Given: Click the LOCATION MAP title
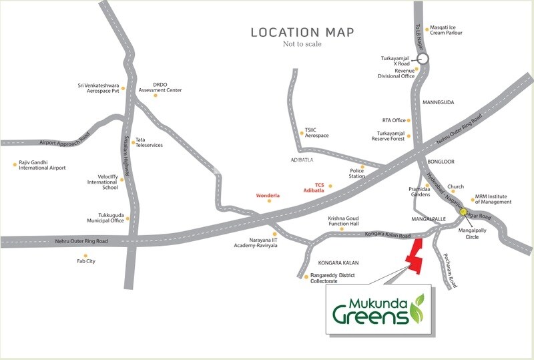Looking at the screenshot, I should tap(302, 32).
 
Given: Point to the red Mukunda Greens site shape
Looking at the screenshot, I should tap(415, 256).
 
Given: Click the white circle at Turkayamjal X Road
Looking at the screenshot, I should tap(423, 59).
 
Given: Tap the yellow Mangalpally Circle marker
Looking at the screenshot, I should tap(463, 212).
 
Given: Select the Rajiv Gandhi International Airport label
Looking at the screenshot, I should tap(42, 165).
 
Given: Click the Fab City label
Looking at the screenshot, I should tap(86, 261).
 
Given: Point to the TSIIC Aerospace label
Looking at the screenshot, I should tap(316, 133).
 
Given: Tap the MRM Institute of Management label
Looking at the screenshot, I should tap(493, 199).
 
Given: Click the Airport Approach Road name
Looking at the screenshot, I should tap(65, 142).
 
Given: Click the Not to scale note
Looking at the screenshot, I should tap(302, 44).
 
